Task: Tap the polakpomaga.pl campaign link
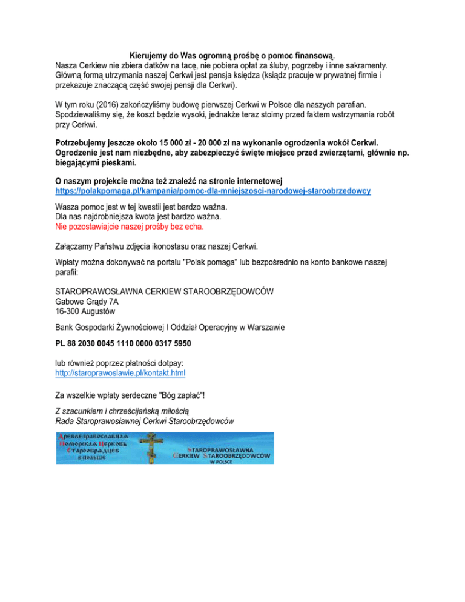pyautogui.click(x=213, y=190)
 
